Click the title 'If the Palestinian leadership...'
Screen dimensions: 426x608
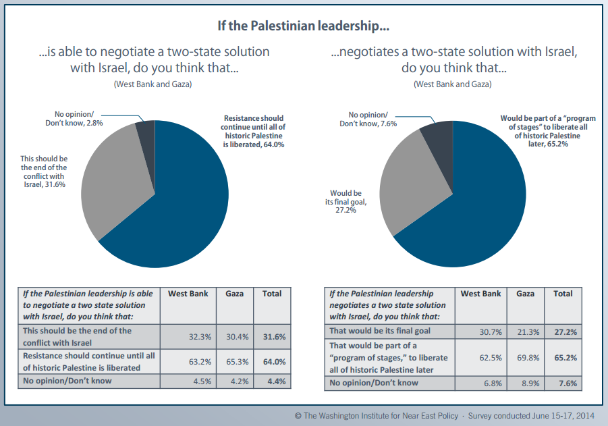click(x=303, y=27)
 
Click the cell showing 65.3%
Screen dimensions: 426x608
click(x=234, y=362)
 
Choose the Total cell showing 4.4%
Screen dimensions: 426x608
click(x=271, y=381)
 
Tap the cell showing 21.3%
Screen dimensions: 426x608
click(x=525, y=331)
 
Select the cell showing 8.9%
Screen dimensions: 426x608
click(x=525, y=383)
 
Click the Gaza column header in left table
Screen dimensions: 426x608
click(x=234, y=294)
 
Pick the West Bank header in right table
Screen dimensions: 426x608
click(x=480, y=294)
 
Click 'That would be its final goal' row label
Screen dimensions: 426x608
click(x=380, y=331)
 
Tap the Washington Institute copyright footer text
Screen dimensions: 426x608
click(x=446, y=416)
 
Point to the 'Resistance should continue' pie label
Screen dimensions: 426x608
click(x=253, y=131)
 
